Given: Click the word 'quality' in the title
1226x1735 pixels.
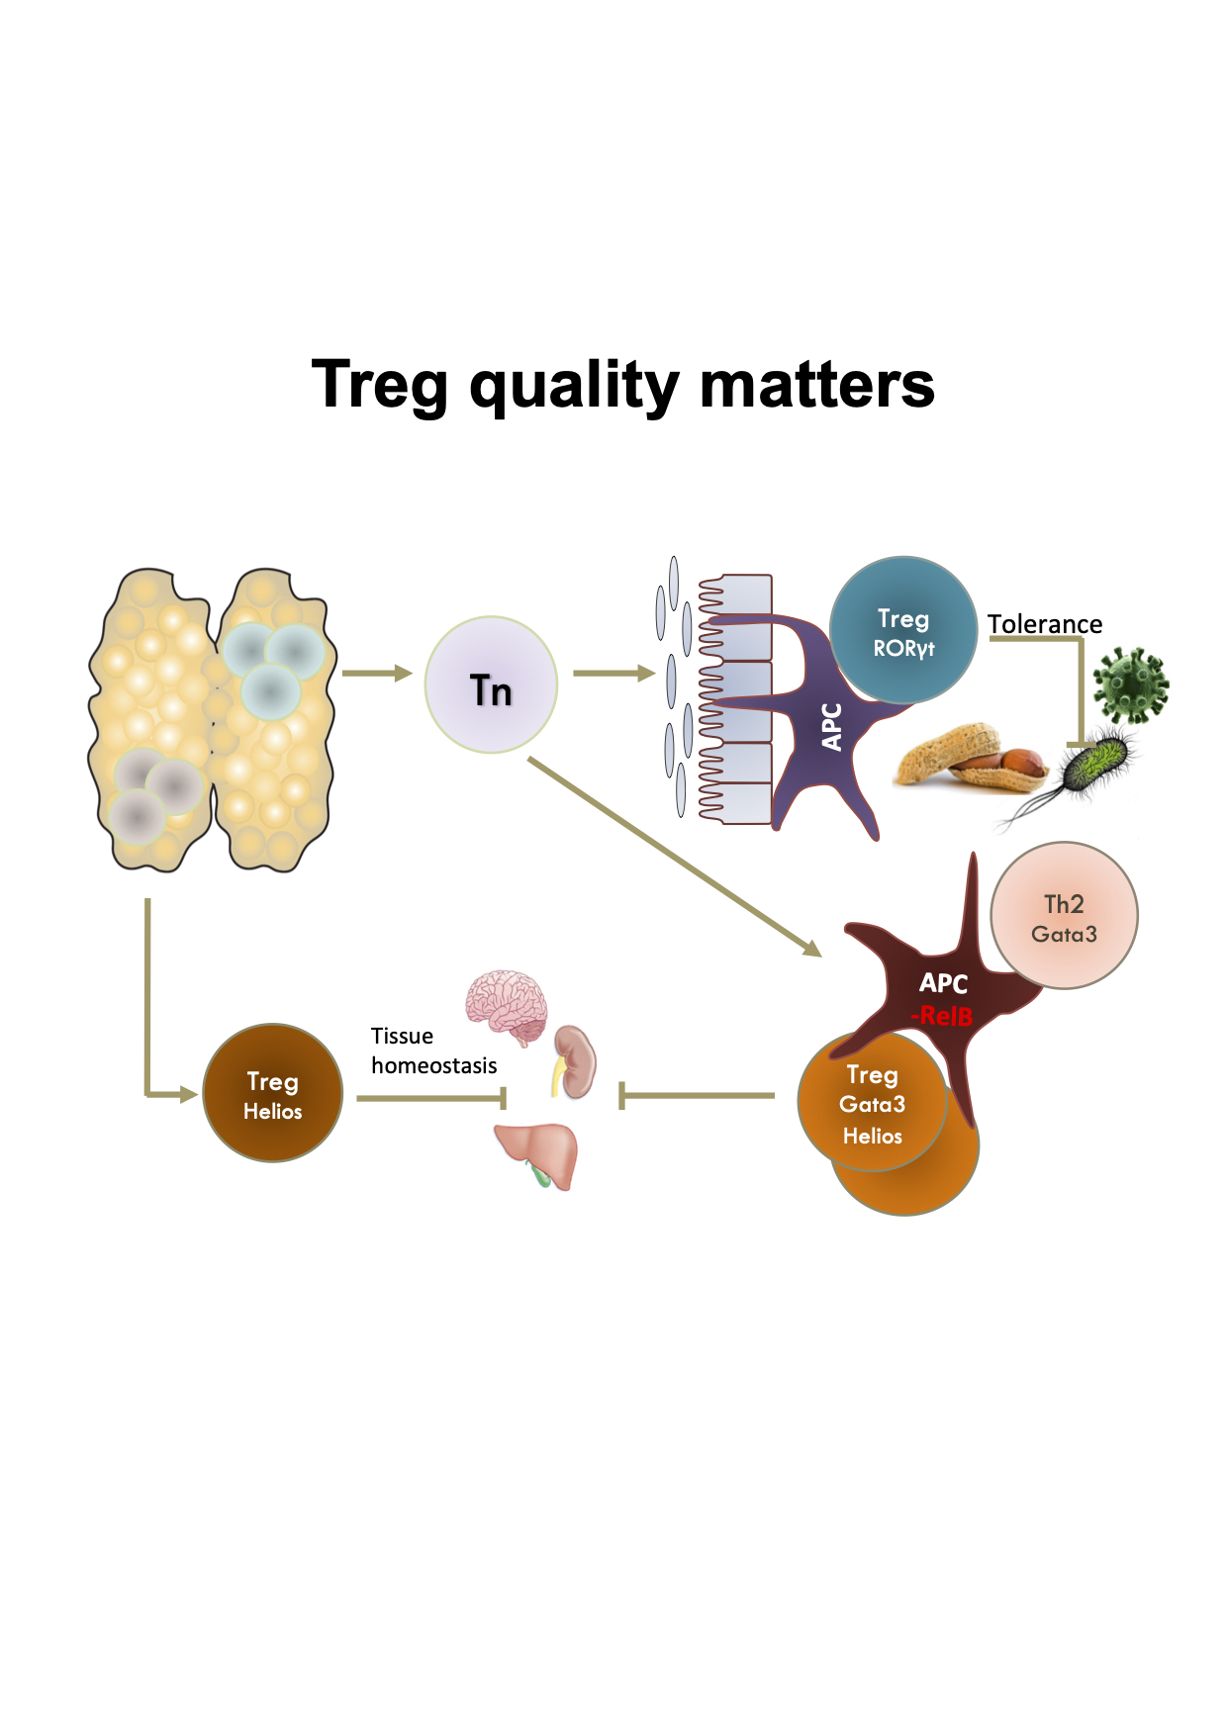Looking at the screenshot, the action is [573, 387].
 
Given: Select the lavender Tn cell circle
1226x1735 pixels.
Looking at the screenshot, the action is [491, 685].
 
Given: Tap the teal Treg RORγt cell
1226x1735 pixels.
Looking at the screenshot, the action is [903, 630].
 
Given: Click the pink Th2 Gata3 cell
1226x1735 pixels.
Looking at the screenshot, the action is [1064, 916].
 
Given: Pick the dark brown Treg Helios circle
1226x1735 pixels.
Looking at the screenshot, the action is [273, 1093].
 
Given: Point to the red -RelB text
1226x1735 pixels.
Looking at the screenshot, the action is [942, 1016].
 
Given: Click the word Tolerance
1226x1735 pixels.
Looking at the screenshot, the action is [1045, 624].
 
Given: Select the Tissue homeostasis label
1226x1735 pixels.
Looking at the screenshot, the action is [433, 1050].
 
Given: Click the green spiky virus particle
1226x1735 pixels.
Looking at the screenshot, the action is [1131, 685].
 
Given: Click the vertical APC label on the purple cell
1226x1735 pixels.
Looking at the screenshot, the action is [832, 727].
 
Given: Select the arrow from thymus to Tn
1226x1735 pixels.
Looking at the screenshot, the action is [377, 674].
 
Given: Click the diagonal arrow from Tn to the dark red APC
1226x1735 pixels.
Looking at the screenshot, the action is [675, 858].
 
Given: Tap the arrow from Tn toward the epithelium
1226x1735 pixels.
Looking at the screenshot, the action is [614, 674].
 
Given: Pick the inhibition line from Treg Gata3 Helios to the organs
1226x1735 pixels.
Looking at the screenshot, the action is [697, 1096].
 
